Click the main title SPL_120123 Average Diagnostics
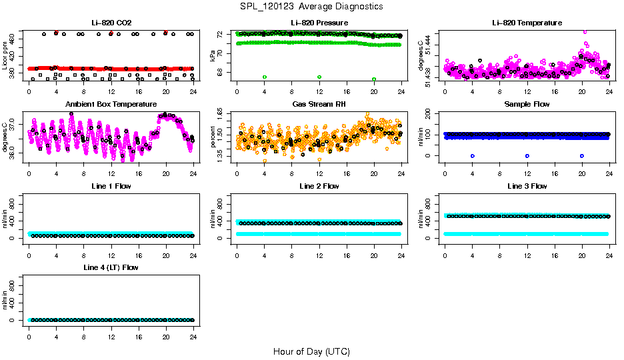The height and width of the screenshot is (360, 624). pyautogui.click(x=311, y=6)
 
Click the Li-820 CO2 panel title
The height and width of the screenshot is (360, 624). pyautogui.click(x=110, y=23)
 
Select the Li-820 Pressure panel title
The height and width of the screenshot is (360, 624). pyautogui.click(x=319, y=23)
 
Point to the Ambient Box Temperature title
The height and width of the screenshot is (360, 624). pyautogui.click(x=111, y=104)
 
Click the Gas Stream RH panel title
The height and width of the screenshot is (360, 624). pyautogui.click(x=319, y=104)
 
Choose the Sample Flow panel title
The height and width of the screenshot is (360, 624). pyautogui.click(x=527, y=104)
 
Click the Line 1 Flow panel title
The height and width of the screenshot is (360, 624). pyautogui.click(x=111, y=186)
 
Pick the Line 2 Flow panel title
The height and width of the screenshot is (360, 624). pyautogui.click(x=319, y=186)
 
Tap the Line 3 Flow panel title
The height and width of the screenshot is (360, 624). pyautogui.click(x=527, y=186)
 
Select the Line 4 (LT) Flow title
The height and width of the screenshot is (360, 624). pyautogui.click(x=111, y=267)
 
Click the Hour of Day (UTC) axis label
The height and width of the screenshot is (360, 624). pyautogui.click(x=311, y=351)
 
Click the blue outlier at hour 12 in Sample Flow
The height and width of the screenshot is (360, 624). pyautogui.click(x=527, y=155)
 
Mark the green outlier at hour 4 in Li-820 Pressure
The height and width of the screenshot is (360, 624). pyautogui.click(x=265, y=77)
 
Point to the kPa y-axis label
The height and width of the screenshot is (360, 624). pyautogui.click(x=213, y=57)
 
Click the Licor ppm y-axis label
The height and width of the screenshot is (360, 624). pyautogui.click(x=5, y=57)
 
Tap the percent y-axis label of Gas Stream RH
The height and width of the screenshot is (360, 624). pyautogui.click(x=213, y=138)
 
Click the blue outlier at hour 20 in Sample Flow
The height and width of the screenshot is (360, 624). pyautogui.click(x=582, y=155)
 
